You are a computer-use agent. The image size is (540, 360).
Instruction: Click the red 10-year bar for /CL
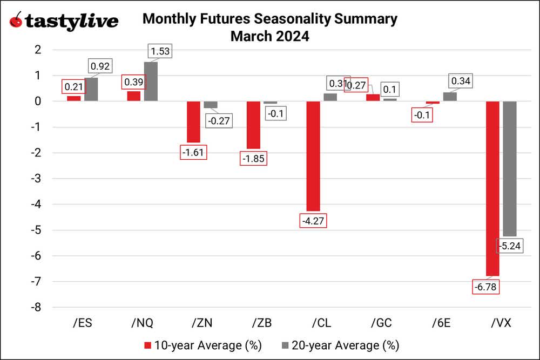pyautogui.click(x=313, y=156)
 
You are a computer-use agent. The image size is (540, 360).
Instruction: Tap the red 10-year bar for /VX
pyautogui.click(x=492, y=188)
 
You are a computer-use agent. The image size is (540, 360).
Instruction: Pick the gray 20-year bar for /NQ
pyautogui.click(x=151, y=81)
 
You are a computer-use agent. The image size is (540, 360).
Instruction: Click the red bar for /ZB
pyautogui.click(x=253, y=125)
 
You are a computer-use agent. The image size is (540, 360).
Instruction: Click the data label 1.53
pyautogui.click(x=160, y=52)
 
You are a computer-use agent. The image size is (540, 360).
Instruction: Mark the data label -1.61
pyautogui.click(x=193, y=153)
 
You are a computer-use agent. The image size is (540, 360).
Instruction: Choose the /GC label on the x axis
pyautogui.click(x=381, y=323)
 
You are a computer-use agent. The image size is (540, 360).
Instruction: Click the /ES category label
pyautogui.click(x=82, y=323)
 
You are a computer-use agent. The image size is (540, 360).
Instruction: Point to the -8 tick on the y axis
pyautogui.click(x=38, y=307)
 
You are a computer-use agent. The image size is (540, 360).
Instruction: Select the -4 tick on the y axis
pyautogui.click(x=38, y=204)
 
